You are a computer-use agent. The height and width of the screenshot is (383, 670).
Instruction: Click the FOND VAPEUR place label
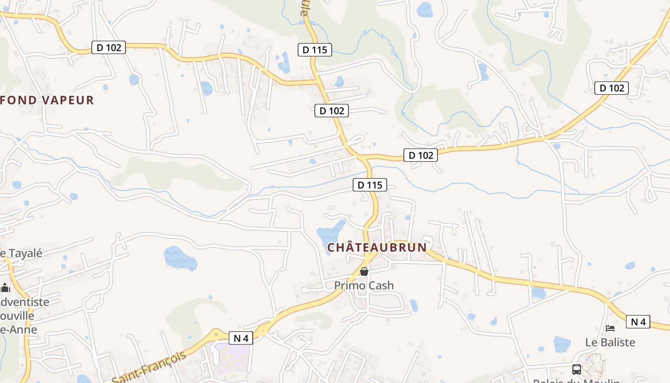(47, 100)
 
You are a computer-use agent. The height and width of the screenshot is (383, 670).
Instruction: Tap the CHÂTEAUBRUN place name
(377, 248)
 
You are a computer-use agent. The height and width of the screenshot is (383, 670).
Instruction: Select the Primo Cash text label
(364, 286)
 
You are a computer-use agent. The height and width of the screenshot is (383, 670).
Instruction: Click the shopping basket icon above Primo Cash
(364, 271)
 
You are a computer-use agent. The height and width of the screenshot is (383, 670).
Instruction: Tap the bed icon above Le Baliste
(610, 328)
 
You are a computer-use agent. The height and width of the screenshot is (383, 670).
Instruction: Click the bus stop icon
(577, 370)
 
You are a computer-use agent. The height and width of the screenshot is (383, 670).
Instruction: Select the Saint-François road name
(149, 367)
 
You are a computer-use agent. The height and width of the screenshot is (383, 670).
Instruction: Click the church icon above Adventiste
(5, 288)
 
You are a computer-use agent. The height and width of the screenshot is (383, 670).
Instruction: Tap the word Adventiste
(24, 302)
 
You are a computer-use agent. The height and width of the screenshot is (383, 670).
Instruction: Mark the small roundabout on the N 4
(216, 335)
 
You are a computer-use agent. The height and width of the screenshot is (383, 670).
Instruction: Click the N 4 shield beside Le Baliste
(638, 322)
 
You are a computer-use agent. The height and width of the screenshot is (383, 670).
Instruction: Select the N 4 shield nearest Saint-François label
(241, 338)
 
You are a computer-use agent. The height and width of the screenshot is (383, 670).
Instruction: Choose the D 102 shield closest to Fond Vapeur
(109, 47)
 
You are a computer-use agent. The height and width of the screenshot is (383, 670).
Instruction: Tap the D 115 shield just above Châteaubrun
(370, 185)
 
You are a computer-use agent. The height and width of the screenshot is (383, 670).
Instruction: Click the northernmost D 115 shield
(314, 49)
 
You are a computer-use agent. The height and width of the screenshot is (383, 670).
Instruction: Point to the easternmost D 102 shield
(612, 88)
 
